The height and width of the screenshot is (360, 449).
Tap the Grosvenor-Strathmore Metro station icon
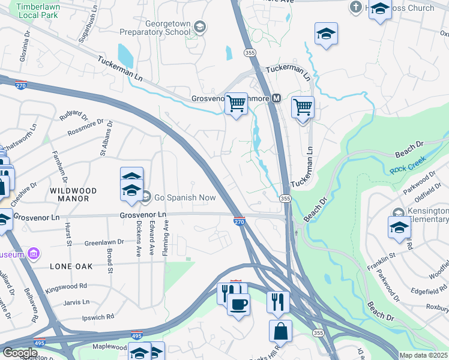[x=277, y=98]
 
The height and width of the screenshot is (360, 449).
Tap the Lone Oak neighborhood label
[x=71, y=265]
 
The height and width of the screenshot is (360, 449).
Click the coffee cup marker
[x=239, y=304]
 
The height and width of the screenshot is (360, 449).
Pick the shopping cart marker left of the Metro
[x=237, y=104]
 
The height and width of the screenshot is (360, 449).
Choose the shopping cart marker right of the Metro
[x=303, y=108]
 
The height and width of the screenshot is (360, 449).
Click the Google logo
[x=20, y=353]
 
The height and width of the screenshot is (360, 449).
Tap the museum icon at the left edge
[x=34, y=254]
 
